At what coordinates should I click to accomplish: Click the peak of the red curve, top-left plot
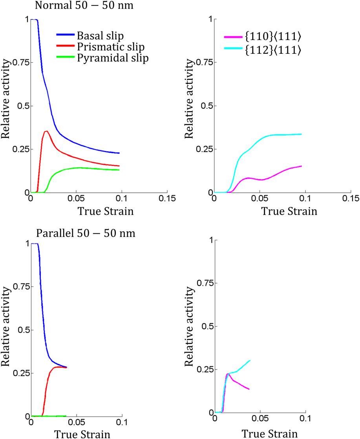[x=47, y=131]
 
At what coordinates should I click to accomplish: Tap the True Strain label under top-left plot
[x=106, y=212]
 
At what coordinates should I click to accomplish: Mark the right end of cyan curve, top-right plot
[x=302, y=134]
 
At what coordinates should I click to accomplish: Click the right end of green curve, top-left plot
[x=119, y=170]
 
